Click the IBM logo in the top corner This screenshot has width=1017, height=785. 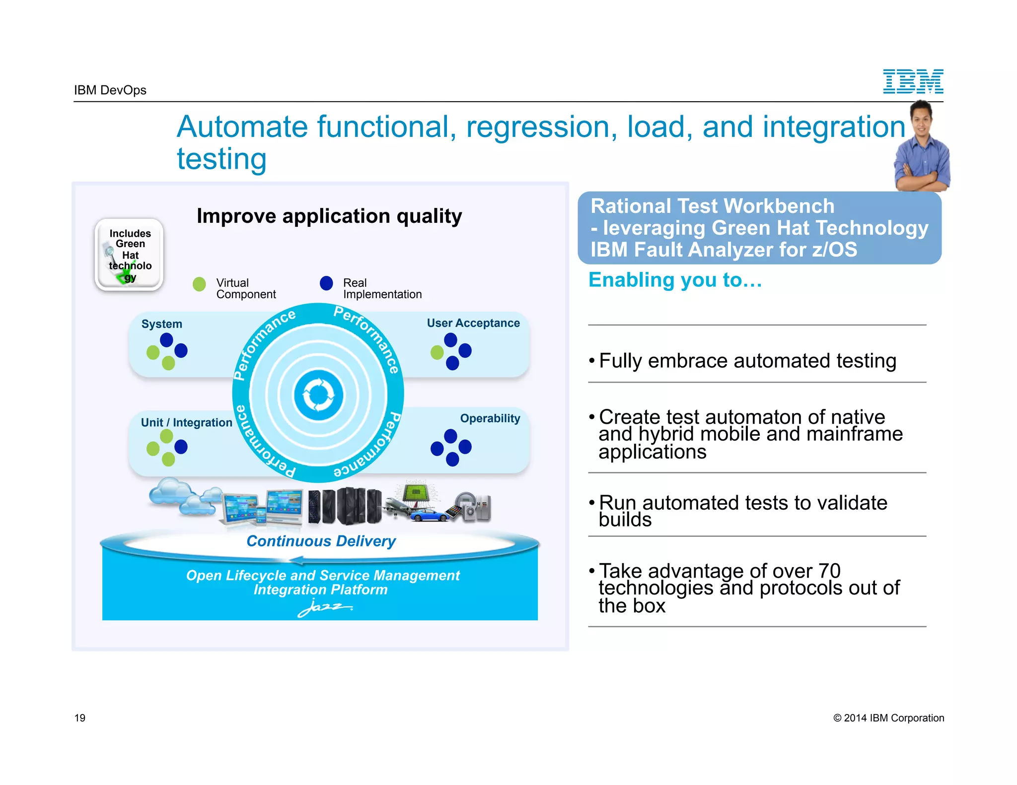coord(913,81)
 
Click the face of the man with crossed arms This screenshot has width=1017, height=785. coord(921,118)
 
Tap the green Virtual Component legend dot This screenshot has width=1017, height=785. coord(199,284)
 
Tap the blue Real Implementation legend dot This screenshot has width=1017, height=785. coord(326,283)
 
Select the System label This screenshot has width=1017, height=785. coord(161,324)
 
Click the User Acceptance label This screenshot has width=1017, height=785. coord(473,323)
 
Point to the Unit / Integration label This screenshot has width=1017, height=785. coord(186,422)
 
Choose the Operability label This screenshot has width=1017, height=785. coord(490,418)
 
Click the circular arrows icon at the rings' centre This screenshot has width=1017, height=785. coord(318,395)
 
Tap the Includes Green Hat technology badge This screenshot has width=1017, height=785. coord(130,255)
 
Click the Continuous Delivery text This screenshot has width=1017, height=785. coord(321,541)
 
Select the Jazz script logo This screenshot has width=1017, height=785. coord(324,607)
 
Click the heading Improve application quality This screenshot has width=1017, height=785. coord(329,216)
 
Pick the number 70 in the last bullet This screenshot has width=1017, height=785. coord(829,571)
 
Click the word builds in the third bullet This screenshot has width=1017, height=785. coord(625,520)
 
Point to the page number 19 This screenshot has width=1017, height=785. coord(80,718)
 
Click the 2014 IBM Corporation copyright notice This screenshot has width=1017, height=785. coord(888,718)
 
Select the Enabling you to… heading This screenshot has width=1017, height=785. coord(675,280)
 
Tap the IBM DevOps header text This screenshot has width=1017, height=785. coord(110,90)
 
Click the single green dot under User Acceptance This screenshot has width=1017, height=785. coord(437,353)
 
